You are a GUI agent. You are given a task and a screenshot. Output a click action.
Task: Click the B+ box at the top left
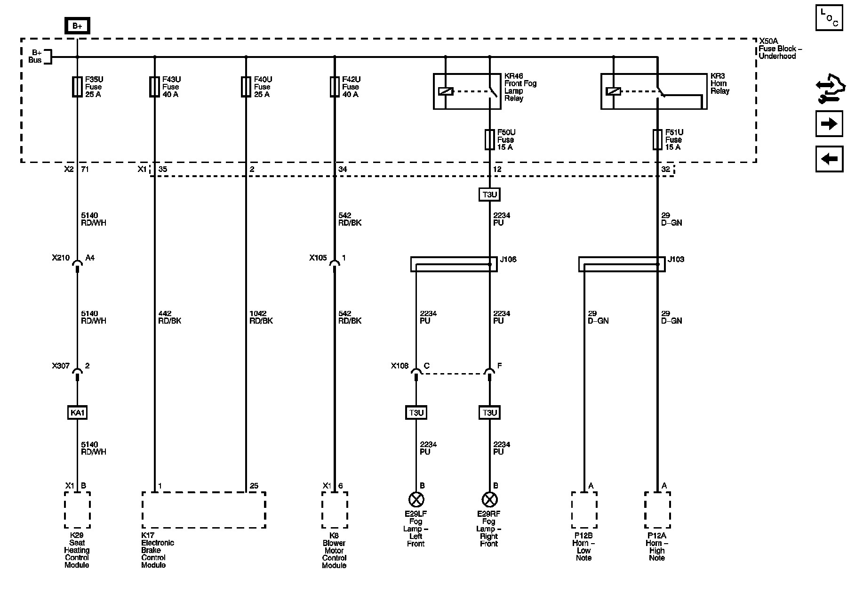(77, 26)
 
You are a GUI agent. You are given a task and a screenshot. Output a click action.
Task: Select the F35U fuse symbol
(77, 87)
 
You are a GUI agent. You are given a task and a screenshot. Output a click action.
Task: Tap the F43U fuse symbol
(154, 87)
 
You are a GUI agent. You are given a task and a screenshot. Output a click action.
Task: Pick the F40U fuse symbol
(246, 87)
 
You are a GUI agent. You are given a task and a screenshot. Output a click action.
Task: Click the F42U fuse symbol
(335, 87)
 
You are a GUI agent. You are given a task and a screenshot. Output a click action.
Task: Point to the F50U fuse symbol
(490, 139)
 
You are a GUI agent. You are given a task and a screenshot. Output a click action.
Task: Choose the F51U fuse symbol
(657, 139)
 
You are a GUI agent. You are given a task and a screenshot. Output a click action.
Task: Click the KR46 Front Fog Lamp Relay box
(467, 91)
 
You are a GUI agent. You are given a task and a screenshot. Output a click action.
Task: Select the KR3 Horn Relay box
(654, 91)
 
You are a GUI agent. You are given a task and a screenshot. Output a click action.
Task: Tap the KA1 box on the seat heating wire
(77, 413)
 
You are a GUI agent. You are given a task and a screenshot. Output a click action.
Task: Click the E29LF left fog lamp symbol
(416, 499)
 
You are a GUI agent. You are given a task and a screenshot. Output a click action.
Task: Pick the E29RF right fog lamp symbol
(489, 499)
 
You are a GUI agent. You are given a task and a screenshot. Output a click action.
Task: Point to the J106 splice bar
(454, 264)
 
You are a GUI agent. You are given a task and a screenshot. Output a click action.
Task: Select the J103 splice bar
(622, 264)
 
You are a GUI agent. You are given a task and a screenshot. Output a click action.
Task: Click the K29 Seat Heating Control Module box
(77, 510)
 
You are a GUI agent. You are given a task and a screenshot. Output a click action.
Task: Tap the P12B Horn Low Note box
(584, 510)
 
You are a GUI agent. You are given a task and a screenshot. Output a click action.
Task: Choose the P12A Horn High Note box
(657, 510)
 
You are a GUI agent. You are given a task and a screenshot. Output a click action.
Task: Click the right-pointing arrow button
(829, 124)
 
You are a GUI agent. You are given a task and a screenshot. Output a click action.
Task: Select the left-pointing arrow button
(829, 159)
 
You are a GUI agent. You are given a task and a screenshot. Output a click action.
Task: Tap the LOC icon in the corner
(829, 18)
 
